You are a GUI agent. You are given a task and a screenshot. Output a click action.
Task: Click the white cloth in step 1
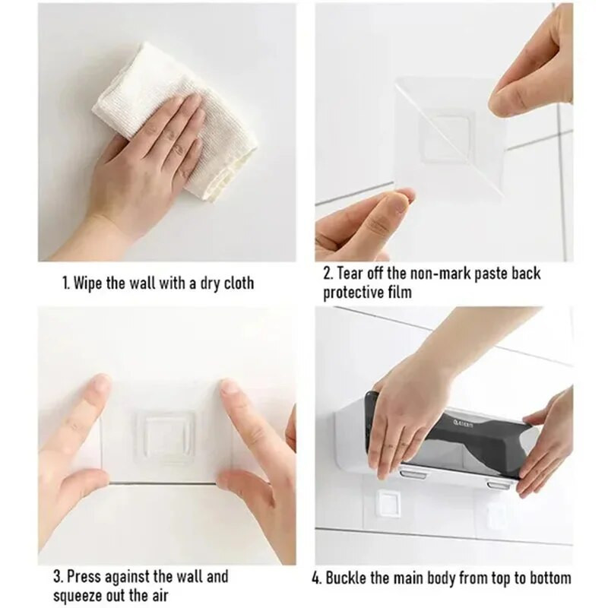coord(175,120)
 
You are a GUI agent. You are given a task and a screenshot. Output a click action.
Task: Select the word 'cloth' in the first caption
coord(238,283)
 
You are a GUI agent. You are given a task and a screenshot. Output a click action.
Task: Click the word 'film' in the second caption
coord(400,292)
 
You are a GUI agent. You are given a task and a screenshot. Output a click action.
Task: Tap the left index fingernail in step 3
coord(102,384)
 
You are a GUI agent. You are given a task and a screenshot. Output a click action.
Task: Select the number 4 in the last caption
coord(315,578)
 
